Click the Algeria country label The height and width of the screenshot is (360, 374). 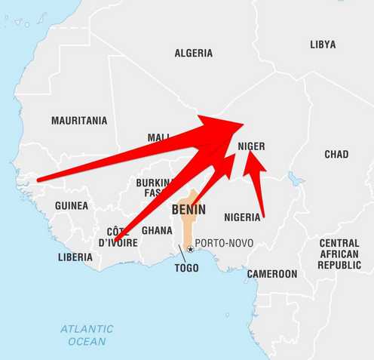[x=194, y=54]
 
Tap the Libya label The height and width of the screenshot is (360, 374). [x=323, y=45]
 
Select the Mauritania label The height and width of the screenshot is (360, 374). [x=79, y=120]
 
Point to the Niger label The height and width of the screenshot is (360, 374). [x=251, y=146]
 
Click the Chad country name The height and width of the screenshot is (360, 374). [x=336, y=154]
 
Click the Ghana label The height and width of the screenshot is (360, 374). [x=157, y=230]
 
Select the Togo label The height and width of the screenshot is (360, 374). [x=186, y=268]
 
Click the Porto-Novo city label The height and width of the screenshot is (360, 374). [x=224, y=244]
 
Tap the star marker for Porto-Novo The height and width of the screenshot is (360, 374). [x=190, y=249]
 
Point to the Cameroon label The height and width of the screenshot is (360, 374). [x=272, y=274]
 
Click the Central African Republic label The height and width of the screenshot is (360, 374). [x=339, y=254]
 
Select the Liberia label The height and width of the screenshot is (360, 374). [x=75, y=257]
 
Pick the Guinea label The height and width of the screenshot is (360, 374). [x=72, y=205]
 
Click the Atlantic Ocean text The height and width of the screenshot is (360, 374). [x=87, y=335]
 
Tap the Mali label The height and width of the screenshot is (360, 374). [x=159, y=137]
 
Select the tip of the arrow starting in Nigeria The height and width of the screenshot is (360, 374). [x=250, y=154]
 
